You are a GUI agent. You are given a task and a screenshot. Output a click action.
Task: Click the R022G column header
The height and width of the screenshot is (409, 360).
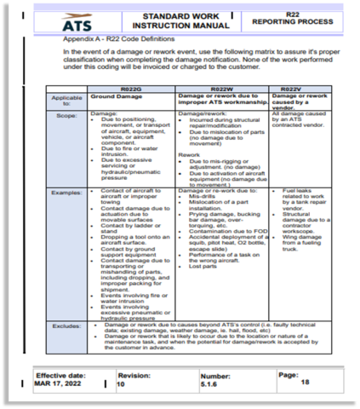tap(130, 89)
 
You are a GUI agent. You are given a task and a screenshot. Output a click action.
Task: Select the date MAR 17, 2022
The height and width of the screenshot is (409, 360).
tap(58, 384)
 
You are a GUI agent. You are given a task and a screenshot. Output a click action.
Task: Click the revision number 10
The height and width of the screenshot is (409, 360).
tap(121, 384)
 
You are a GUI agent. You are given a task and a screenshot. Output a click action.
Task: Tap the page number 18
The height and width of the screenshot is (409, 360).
tap(305, 383)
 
